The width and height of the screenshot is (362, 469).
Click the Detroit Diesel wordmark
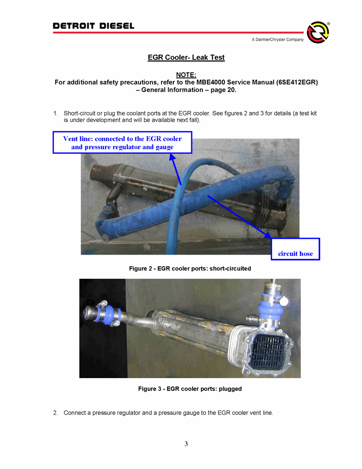click(x=93, y=26)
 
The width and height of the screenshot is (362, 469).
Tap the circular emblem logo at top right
click(x=318, y=32)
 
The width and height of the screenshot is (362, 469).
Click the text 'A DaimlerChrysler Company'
click(x=278, y=40)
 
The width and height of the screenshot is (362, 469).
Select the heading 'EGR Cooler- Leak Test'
click(x=186, y=58)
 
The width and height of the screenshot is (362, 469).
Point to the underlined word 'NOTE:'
click(x=186, y=75)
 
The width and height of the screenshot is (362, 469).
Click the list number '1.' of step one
click(x=55, y=113)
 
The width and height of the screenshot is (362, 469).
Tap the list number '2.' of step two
click(x=55, y=413)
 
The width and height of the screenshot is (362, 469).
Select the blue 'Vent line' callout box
click(x=122, y=142)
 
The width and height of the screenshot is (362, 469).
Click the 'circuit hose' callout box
click(x=295, y=249)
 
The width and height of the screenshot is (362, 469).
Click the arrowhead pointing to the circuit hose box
click(x=267, y=234)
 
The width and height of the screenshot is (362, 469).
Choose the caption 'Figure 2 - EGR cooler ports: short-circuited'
click(x=190, y=269)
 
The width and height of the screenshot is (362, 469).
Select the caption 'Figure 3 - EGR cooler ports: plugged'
click(x=190, y=389)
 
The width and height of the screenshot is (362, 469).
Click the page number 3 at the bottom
click(x=186, y=444)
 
